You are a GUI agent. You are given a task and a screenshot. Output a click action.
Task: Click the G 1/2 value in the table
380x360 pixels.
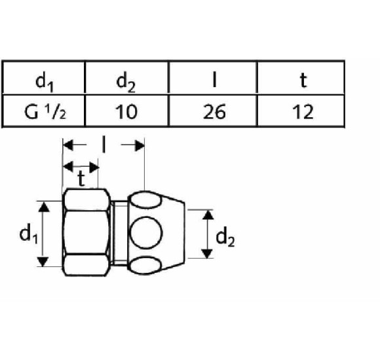(x=45, y=112)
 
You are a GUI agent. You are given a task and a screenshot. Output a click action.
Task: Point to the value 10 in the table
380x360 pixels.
(x=126, y=112)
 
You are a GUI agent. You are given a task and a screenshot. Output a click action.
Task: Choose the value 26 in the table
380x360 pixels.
(x=214, y=112)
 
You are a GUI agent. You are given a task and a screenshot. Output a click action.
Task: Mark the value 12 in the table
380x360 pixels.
(x=303, y=112)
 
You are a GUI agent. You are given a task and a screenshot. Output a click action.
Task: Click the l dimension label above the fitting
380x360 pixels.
(x=104, y=145)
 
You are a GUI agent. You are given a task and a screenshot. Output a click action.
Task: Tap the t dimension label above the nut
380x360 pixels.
(x=81, y=179)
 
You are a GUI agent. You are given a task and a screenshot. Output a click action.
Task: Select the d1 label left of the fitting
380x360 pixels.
(x=29, y=233)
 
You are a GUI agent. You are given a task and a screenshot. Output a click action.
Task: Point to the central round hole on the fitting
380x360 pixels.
(x=145, y=232)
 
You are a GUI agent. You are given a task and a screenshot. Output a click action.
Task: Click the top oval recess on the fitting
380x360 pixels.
(x=145, y=200)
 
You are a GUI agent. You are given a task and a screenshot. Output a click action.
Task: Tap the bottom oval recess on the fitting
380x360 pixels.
(x=145, y=265)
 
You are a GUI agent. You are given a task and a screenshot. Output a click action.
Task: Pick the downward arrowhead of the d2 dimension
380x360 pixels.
(x=208, y=253)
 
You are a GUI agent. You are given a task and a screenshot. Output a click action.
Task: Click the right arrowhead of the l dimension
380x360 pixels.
(x=139, y=145)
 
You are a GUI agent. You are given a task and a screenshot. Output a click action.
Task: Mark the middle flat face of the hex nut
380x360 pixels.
(x=86, y=232)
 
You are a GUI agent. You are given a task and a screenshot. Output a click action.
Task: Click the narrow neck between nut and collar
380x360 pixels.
(x=120, y=233)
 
